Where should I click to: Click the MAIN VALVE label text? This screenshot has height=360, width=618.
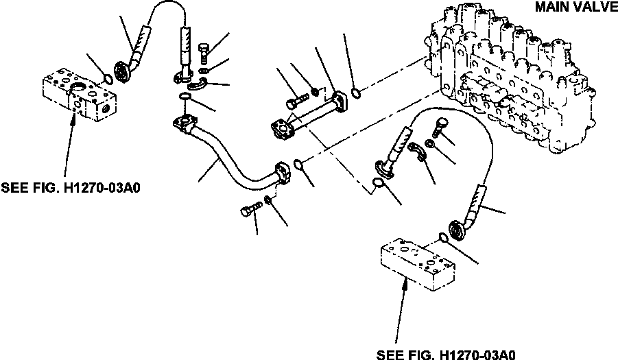(575, 8)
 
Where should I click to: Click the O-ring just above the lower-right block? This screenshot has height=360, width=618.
(444, 238)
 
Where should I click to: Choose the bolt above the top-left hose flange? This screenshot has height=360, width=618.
(204, 51)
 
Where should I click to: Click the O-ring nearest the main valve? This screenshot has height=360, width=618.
(354, 93)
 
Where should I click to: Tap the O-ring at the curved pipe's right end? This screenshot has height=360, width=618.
(300, 165)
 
